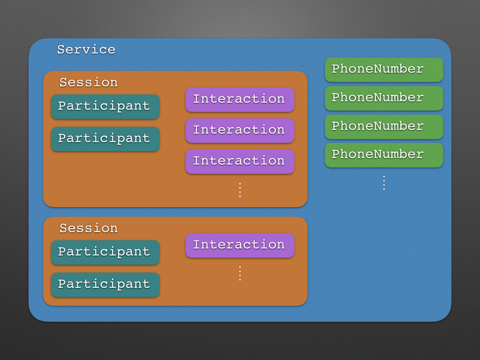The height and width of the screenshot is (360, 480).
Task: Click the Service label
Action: point(86,50)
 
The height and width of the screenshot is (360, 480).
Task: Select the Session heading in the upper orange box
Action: point(88,82)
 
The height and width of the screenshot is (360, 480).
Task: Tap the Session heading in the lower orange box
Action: point(88,228)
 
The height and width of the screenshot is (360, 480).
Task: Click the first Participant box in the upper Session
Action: point(105,106)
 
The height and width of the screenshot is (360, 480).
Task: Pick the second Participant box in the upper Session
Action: point(105,139)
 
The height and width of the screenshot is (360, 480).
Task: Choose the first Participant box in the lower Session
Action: point(105,252)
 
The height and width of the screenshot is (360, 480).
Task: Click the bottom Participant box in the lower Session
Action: point(105,285)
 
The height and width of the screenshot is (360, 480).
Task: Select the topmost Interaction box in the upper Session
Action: point(240,99)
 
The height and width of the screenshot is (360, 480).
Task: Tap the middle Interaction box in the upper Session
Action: point(240,130)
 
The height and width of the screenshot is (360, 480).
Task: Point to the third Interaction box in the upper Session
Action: point(240,161)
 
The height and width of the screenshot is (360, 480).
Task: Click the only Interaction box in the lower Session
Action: point(240,245)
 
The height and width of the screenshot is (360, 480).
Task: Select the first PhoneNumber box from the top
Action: point(384,69)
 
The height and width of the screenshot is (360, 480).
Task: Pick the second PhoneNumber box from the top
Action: point(384,98)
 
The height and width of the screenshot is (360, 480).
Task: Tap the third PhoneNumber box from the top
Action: point(384,127)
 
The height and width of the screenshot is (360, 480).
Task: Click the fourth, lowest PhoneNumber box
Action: point(384,155)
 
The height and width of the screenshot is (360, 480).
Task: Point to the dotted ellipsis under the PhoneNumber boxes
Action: point(384,183)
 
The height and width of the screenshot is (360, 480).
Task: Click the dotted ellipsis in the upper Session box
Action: point(240,190)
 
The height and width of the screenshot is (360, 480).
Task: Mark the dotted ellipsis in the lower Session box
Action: point(240,273)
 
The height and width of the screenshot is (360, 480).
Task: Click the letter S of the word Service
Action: point(60,50)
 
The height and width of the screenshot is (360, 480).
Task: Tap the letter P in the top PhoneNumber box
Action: point(335,69)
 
